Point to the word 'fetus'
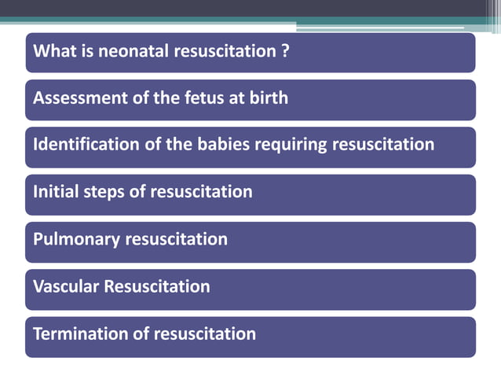tap(194, 98)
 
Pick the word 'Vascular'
tap(67, 286)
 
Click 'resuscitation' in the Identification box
tap(385, 145)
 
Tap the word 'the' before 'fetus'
tap(161, 98)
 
